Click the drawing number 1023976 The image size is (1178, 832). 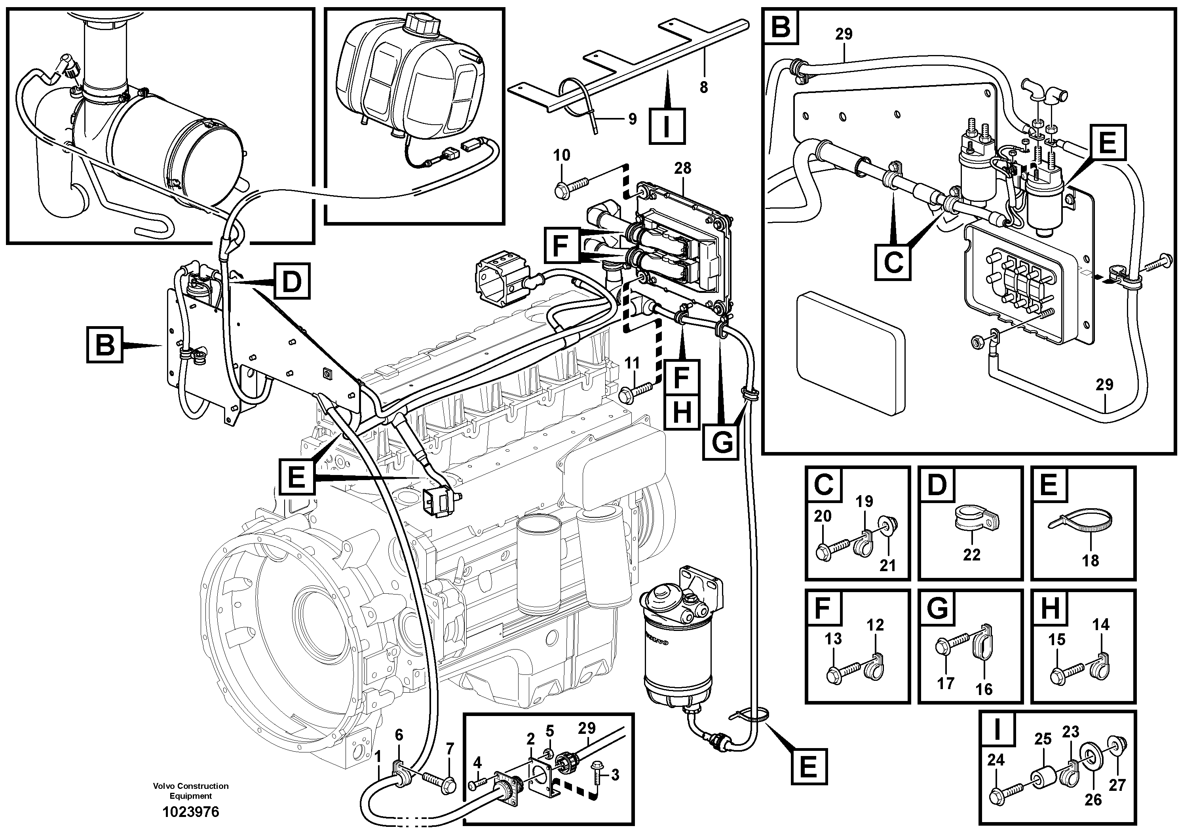(190, 812)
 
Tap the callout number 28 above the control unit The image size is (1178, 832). (682, 168)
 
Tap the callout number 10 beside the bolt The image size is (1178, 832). (562, 155)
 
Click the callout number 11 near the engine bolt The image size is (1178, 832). (632, 363)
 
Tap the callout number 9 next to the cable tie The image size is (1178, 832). (632, 119)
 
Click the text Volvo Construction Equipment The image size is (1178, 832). (190, 790)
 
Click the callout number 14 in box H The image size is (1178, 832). (1100, 624)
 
